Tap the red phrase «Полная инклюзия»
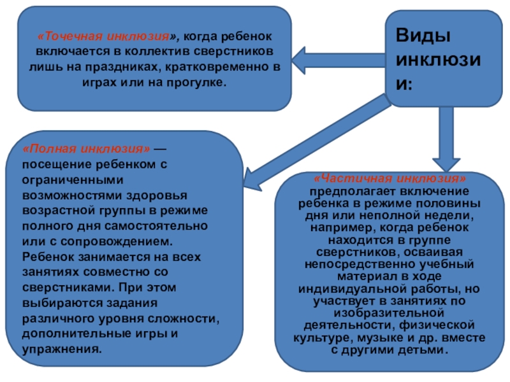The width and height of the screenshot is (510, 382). tap(86, 148)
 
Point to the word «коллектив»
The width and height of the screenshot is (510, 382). tap(152, 52)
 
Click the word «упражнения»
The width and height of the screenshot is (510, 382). tap(61, 349)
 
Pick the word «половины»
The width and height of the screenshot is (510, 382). tap(449, 204)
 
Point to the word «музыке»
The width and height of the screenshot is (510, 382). tap(396, 338)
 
